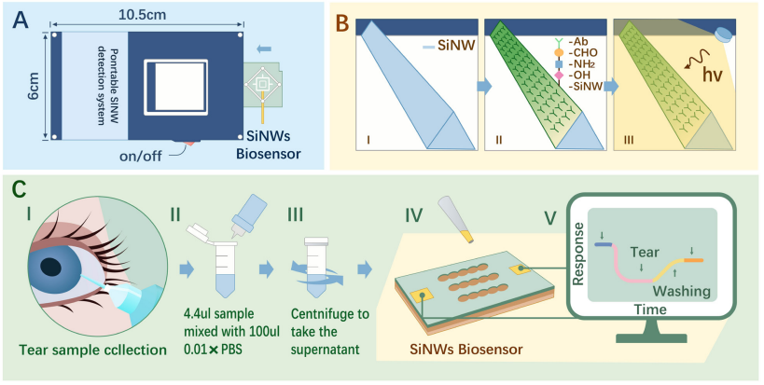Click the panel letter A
[x=20, y=21]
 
